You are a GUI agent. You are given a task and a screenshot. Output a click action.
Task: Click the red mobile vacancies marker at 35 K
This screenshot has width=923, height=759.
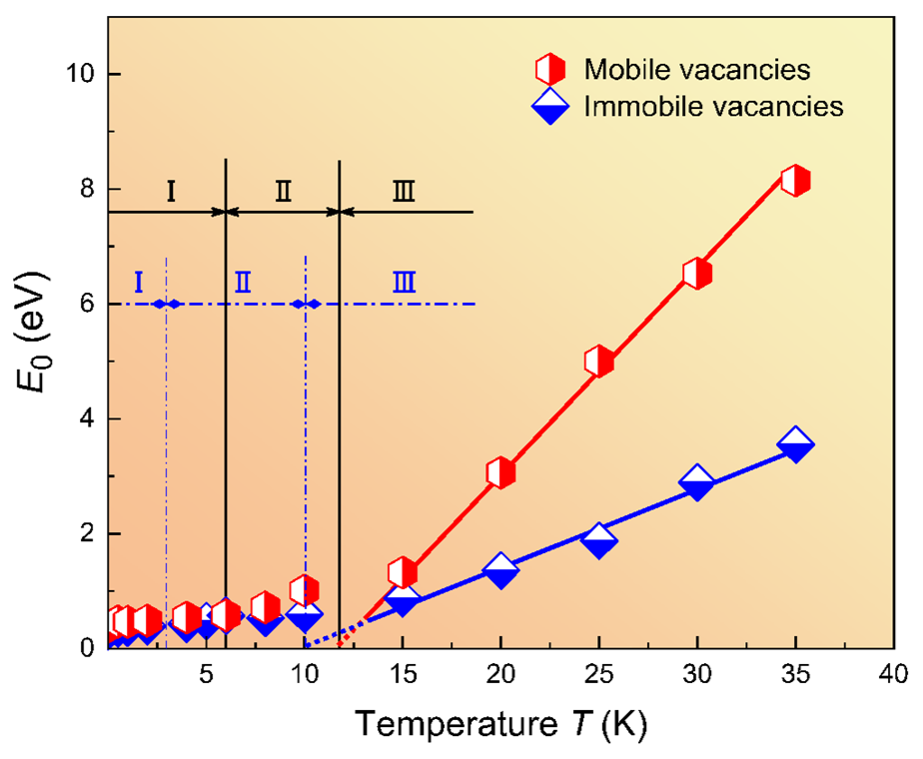point(795,181)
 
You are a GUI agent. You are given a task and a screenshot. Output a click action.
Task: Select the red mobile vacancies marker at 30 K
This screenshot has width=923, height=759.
point(697,274)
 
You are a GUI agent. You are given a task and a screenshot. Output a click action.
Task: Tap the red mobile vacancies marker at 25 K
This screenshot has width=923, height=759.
point(598,362)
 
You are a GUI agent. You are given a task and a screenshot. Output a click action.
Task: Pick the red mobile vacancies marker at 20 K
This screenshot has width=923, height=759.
point(500,472)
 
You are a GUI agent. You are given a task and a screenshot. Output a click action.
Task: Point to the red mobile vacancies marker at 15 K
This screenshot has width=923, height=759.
point(403,572)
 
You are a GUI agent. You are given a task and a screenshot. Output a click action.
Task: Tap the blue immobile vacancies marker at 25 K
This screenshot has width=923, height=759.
point(598,540)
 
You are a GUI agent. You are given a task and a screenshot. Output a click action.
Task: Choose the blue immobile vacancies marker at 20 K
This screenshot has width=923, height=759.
point(500,570)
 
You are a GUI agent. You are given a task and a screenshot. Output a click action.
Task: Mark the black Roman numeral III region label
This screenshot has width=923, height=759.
point(404,190)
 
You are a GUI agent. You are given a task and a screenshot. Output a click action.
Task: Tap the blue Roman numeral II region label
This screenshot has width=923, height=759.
point(243,283)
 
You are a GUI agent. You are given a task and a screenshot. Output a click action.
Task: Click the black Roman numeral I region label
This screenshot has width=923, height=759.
point(171,190)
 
